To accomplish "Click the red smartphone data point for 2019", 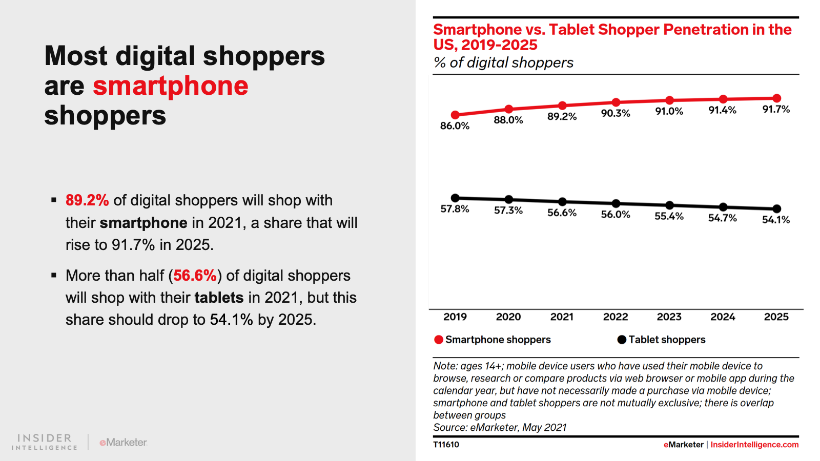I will (455, 115).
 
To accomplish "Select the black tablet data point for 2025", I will (776, 208).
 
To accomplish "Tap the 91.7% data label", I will (776, 109).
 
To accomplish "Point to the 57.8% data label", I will (455, 209).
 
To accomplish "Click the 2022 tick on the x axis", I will (616, 317).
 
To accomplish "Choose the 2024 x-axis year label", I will (723, 317).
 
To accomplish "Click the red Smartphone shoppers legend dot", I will (439, 340).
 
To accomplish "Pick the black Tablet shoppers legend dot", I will (622, 340).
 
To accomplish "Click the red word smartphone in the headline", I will (170, 86).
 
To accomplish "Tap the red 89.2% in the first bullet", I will (87, 200).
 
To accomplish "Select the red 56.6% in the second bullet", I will (195, 276).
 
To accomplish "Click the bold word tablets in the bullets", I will (219, 298).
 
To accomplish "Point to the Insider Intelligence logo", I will (45, 442).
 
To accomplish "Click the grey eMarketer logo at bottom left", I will (123, 442).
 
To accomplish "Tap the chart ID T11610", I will (446, 445).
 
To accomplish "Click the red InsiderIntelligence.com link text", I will (754, 445).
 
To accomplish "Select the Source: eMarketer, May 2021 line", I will (500, 428).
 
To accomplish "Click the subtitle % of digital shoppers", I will (503, 62).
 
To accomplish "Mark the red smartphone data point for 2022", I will (616, 102).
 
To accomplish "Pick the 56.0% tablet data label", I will (616, 214).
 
